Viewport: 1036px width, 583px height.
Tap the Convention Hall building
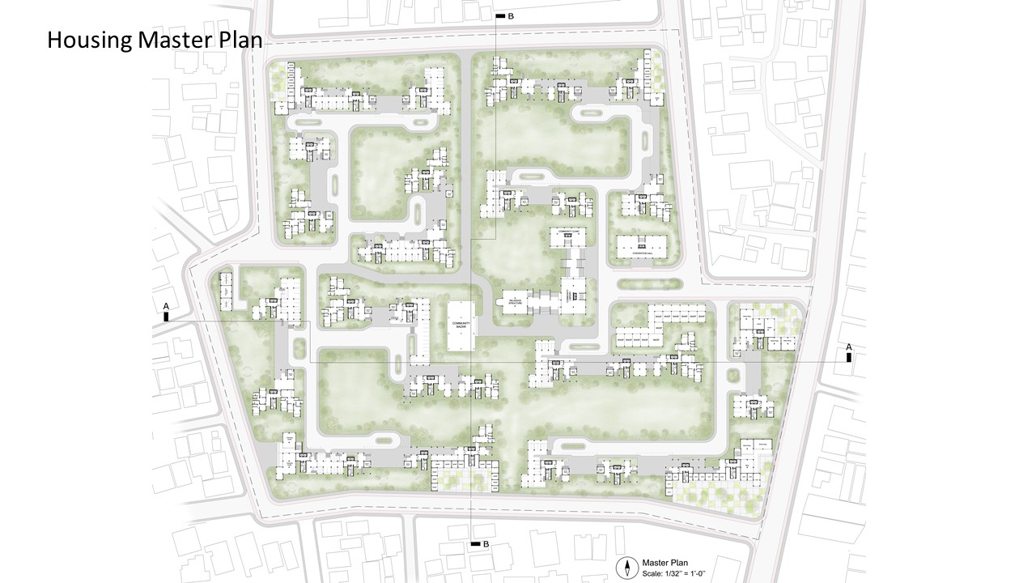(641, 247)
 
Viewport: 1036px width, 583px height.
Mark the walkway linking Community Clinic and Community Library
(574, 263)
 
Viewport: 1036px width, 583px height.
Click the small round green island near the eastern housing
(733, 375)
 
